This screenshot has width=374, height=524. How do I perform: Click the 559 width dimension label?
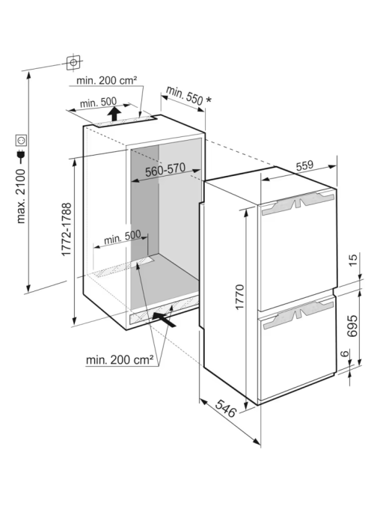click(304, 165)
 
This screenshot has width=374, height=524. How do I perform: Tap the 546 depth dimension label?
click(226, 408)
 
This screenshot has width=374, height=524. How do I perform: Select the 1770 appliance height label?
click(240, 297)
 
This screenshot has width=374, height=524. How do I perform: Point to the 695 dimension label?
click(352, 326)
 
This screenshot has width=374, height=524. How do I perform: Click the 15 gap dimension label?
click(352, 260)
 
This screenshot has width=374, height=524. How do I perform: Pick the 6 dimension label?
click(346, 353)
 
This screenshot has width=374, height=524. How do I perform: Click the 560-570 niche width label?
click(165, 170)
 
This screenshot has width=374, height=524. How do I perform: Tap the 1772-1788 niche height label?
click(67, 229)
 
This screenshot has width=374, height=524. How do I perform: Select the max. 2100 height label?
click(21, 196)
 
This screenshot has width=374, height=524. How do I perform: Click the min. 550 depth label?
click(185, 95)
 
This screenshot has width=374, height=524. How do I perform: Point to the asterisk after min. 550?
click(209, 100)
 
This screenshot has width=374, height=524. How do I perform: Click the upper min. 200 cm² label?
click(106, 80)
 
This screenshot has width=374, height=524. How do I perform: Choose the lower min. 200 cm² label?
click(120, 359)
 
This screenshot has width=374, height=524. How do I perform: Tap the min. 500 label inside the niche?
click(122, 237)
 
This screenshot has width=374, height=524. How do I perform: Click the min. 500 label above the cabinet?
click(98, 102)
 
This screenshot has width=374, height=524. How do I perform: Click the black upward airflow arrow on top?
click(114, 114)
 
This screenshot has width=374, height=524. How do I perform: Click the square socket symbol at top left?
click(73, 62)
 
